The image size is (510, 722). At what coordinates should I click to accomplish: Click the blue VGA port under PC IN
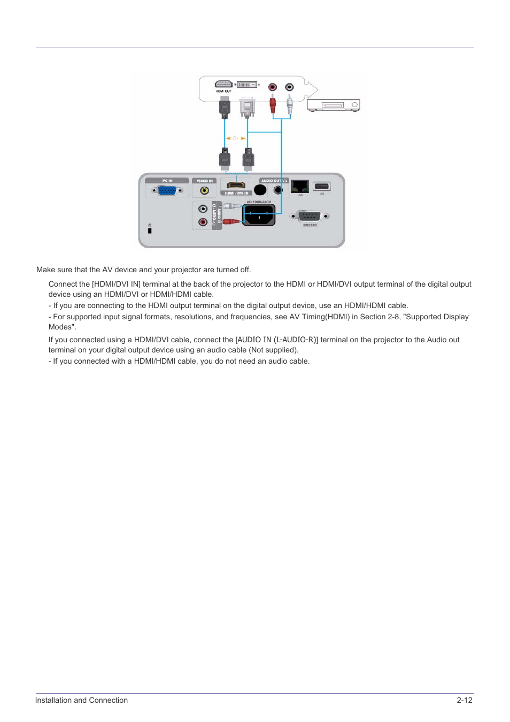tap(167, 190)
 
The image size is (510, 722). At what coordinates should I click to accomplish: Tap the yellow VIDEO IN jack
tap(204, 190)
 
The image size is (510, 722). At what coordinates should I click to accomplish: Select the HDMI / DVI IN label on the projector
tap(236, 193)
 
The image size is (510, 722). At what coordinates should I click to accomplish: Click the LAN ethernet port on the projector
tap(299, 186)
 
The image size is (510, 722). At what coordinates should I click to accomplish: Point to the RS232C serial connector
tap(310, 216)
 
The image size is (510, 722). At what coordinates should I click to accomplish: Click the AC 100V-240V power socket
tap(259, 215)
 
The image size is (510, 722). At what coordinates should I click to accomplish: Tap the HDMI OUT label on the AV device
tap(223, 91)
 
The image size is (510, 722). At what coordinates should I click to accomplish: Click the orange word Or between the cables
tap(235, 139)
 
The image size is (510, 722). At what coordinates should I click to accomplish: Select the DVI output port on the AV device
tap(246, 85)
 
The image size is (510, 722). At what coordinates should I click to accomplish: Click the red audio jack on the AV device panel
tap(273, 87)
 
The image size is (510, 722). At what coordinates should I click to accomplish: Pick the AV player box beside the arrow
tap(333, 105)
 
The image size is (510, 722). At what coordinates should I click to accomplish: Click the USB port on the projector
tap(322, 186)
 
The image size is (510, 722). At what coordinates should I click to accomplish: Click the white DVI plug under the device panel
tap(247, 107)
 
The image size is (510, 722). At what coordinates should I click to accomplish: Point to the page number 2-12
tap(464, 700)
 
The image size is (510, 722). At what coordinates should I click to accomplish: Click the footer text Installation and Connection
tap(81, 700)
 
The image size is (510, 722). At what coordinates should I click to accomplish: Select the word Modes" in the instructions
tap(62, 327)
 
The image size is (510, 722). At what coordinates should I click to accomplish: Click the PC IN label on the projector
tap(167, 181)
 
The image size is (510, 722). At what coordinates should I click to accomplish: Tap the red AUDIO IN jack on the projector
tap(203, 222)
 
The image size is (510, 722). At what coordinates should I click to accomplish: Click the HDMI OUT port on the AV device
tap(223, 84)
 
